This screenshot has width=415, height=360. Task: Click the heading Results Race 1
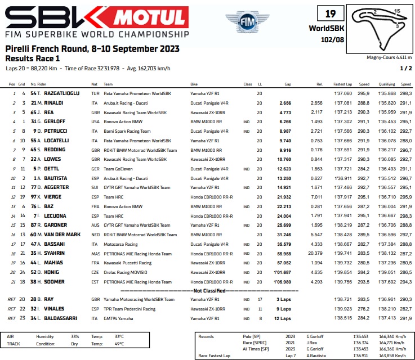point(32,58)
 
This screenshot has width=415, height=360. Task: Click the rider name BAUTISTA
point(55,178)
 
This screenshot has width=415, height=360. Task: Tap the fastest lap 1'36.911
point(342,178)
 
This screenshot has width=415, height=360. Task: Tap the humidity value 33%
point(75,336)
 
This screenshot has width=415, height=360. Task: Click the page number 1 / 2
point(405,68)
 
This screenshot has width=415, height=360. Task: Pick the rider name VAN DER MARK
point(61,234)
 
